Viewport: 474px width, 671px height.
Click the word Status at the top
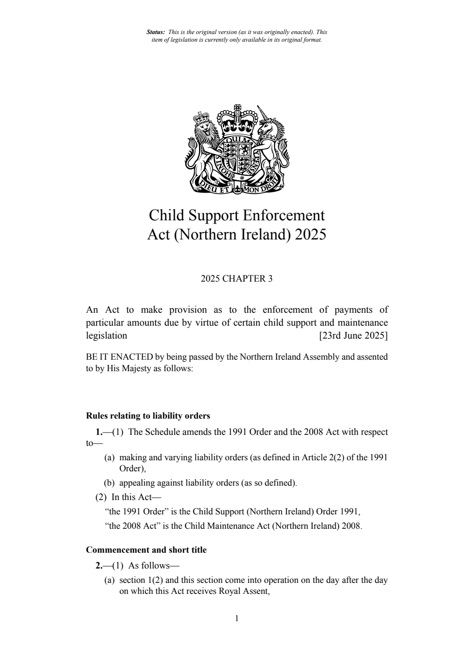[x=155, y=32]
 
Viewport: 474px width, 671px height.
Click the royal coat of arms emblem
[x=237, y=149]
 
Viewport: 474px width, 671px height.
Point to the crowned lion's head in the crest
[x=206, y=127]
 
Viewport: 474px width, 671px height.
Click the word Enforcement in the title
[x=284, y=215]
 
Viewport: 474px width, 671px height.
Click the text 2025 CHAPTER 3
[x=237, y=279]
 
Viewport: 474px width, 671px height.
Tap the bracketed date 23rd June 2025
[x=353, y=335]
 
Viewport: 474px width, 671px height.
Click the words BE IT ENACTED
[x=119, y=357]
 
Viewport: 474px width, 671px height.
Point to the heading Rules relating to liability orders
[x=148, y=416]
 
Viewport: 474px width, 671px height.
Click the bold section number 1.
[x=99, y=432]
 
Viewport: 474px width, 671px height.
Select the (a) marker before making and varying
[x=110, y=457]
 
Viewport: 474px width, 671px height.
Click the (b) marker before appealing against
[x=110, y=483]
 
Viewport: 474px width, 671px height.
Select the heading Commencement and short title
[x=146, y=550]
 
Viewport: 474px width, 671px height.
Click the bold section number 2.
[x=99, y=566]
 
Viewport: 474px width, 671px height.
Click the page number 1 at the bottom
[x=237, y=618]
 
